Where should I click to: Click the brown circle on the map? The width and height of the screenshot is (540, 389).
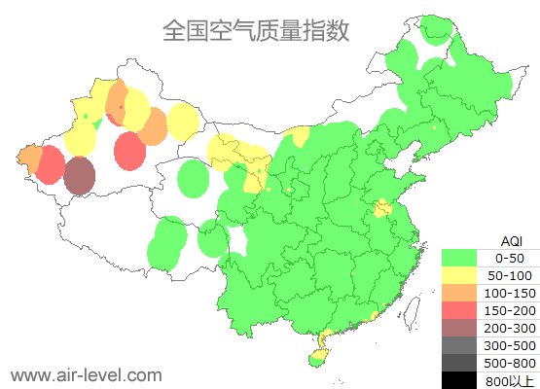[x=80, y=176]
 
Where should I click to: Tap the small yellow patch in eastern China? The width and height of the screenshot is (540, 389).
[x=382, y=207]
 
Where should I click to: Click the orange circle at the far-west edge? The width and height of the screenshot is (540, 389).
[x=28, y=157]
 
